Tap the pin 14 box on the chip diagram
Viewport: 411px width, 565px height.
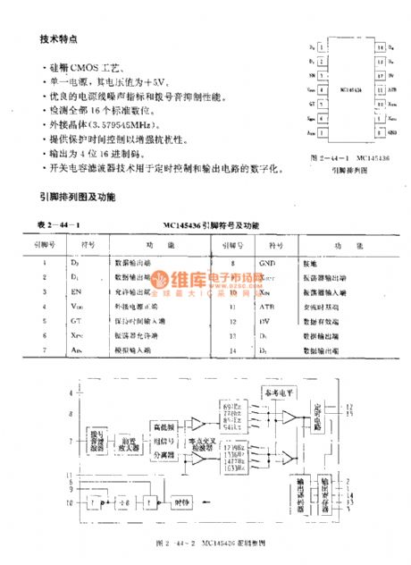coord(379,46)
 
